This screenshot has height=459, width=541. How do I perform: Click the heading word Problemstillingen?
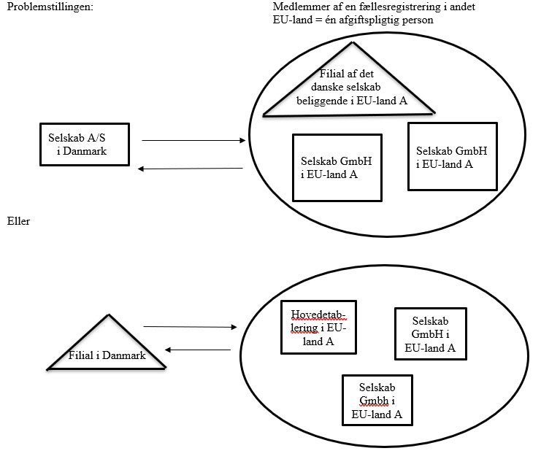click(51, 7)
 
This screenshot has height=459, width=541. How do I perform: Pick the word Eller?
click(18, 221)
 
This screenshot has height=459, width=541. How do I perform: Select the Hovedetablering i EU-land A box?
click(318, 328)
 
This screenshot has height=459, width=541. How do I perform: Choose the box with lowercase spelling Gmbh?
click(377, 400)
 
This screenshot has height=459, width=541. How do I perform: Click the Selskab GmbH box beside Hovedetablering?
click(430, 334)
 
